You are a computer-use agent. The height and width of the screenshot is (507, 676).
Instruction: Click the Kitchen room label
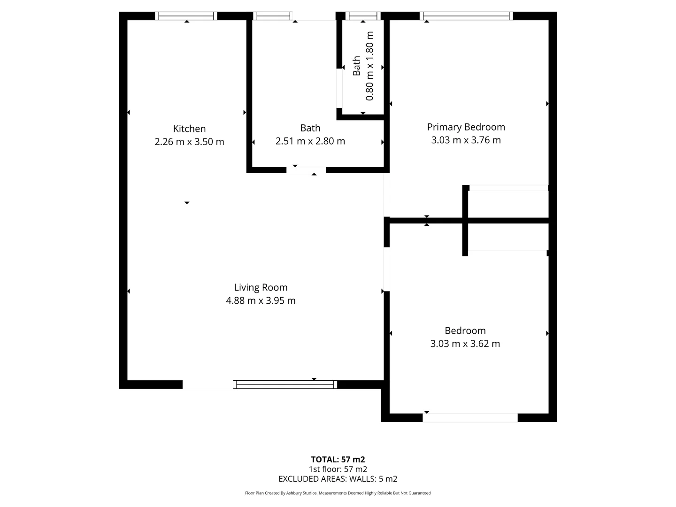coord(189,129)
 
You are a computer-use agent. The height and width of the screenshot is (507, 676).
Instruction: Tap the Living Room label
coord(261,287)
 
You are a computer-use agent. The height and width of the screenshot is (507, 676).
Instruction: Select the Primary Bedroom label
coord(466,127)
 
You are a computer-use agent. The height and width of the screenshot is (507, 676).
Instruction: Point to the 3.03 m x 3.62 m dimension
coord(465,344)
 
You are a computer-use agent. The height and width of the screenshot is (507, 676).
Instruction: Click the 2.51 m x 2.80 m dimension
coord(310,141)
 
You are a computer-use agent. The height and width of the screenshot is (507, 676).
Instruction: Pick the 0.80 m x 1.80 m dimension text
coord(369,66)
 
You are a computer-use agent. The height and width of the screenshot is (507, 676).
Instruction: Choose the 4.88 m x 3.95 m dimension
coord(261,300)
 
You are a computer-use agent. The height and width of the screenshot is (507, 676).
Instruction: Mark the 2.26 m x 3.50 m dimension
coord(189,142)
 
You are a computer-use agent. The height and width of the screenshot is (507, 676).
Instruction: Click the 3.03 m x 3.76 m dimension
coord(466,140)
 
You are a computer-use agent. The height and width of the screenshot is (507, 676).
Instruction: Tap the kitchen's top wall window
coord(186,16)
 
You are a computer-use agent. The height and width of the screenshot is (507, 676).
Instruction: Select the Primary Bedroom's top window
coord(466,16)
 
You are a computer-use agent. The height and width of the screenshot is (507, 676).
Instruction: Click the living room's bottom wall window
coord(285,384)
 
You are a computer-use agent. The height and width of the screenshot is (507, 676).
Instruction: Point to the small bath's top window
coord(363,16)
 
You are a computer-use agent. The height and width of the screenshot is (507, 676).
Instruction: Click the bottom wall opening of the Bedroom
coord(470,417)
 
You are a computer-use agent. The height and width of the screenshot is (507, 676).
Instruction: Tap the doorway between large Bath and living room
coord(306,170)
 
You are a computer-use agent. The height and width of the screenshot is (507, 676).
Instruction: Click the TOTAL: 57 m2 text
coord(338,460)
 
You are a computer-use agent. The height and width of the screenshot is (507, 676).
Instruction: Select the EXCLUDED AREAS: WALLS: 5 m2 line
coord(338,479)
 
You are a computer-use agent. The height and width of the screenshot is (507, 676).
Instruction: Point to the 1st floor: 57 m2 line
coord(338,469)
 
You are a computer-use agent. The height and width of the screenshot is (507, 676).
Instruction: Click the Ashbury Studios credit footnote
coord(338,493)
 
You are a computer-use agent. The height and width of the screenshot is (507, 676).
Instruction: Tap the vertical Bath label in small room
coord(357,66)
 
